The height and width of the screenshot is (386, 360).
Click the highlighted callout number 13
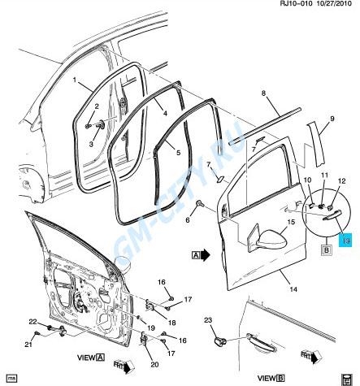click(344, 241)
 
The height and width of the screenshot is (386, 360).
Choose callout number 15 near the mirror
click(290, 221)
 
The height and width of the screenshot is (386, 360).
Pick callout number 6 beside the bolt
click(186, 220)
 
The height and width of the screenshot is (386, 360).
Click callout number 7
click(208, 165)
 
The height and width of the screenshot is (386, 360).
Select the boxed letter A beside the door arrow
click(196, 254)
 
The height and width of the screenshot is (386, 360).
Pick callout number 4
click(163, 114)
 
